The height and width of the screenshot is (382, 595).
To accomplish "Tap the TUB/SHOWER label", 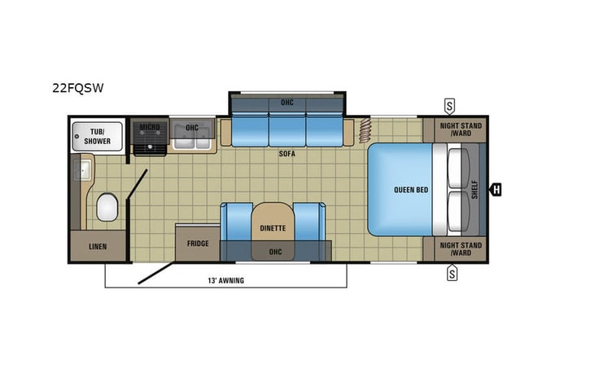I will tap(97, 136).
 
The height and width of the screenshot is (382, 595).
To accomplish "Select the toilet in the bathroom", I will tap(107, 208).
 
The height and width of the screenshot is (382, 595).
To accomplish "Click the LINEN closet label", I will tap(97, 246).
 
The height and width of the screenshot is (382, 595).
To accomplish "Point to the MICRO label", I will tap(149, 127).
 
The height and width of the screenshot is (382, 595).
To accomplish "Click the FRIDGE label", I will tap(198, 243).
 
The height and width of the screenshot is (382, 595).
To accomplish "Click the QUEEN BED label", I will tap(411, 190).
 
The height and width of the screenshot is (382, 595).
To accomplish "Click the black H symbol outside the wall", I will tap(495, 190).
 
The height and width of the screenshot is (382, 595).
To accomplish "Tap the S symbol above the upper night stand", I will tap(450, 106).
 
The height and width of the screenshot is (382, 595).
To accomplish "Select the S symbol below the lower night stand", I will tap(450, 274).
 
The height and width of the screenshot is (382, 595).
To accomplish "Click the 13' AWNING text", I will tap(225, 280).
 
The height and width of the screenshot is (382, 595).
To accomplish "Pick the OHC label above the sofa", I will tap(287, 103).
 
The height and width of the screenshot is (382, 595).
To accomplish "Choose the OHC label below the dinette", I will tap(275, 252).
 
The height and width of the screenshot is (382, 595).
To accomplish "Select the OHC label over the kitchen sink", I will tap(192, 127).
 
